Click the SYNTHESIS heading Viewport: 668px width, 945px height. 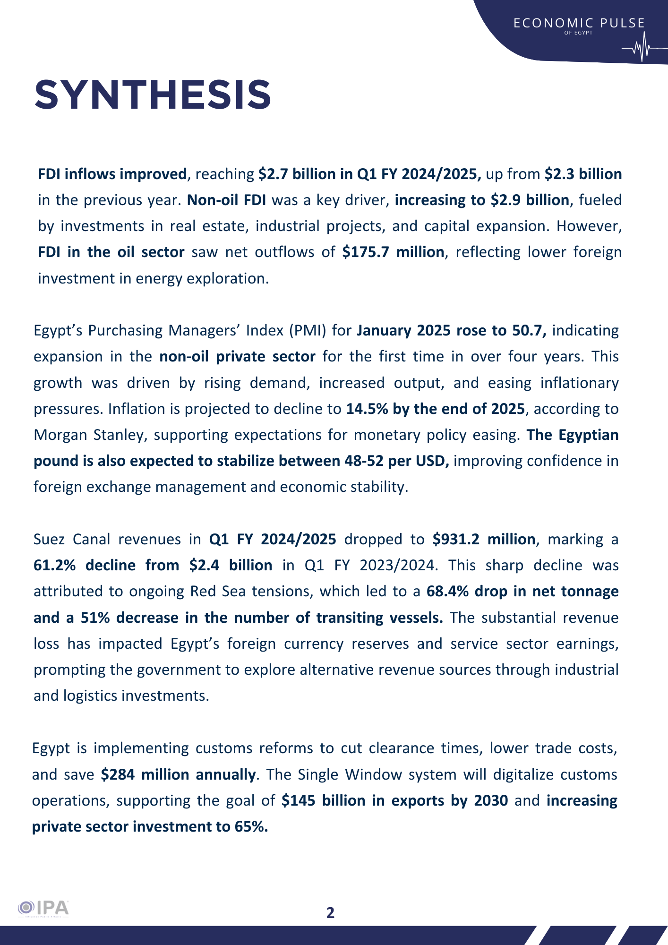[x=153, y=94]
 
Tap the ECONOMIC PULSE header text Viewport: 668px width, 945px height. [x=579, y=23]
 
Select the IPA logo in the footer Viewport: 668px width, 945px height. [x=43, y=908]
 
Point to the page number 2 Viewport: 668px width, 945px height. [x=330, y=912]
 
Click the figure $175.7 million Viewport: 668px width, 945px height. [x=393, y=252]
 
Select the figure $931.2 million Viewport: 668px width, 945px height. [x=484, y=540]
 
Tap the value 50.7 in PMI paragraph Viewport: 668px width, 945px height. [x=529, y=331]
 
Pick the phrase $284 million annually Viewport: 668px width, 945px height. [x=178, y=775]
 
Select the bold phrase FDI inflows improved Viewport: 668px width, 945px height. [x=112, y=174]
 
